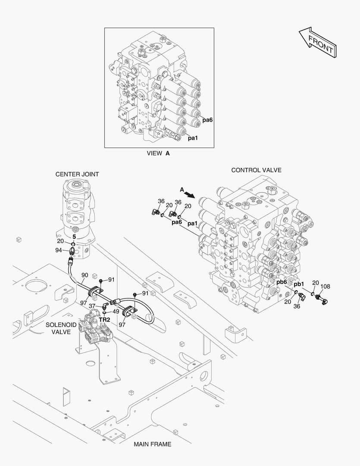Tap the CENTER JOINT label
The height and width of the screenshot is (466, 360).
coord(77,174)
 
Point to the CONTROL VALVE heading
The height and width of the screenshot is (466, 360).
coord(256,170)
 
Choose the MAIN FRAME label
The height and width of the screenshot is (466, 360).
coord(152,444)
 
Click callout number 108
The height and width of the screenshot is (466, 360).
coord(325,286)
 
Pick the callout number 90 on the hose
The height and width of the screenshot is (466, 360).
coord(85,275)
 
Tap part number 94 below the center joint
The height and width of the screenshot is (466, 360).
coord(59,250)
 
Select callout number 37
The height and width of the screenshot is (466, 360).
coord(92,305)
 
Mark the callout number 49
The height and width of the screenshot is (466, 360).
coord(116,311)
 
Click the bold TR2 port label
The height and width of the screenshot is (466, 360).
coord(105,320)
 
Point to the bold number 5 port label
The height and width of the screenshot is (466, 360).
coord(74,237)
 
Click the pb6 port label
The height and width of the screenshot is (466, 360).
coord(282,283)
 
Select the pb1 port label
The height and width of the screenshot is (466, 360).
coord(299,284)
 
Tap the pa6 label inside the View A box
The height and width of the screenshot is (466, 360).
coord(207,120)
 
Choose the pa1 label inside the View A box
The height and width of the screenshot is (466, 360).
coord(192,138)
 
